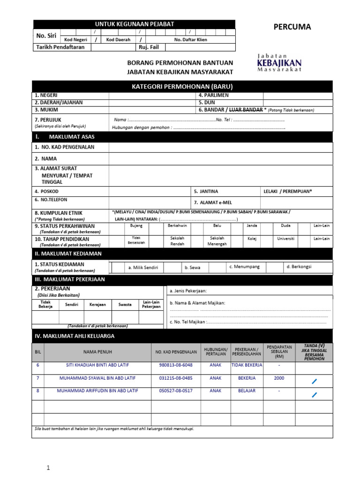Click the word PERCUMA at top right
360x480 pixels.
point(292,27)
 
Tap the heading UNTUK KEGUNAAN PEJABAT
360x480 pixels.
point(134,24)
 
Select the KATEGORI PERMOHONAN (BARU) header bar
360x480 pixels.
point(182,86)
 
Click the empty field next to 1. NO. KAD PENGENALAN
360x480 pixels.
point(220,147)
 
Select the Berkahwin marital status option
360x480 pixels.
point(177,225)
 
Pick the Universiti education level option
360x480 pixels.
point(286,239)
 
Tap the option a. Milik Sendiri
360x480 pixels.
point(143,268)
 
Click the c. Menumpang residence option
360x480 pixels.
point(244,267)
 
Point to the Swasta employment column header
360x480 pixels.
point(125,305)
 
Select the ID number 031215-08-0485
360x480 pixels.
point(176,378)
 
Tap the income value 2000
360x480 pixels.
point(279,378)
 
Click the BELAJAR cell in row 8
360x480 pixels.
point(247,390)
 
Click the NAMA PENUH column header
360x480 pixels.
point(97,352)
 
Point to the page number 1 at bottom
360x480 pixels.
point(47,467)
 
